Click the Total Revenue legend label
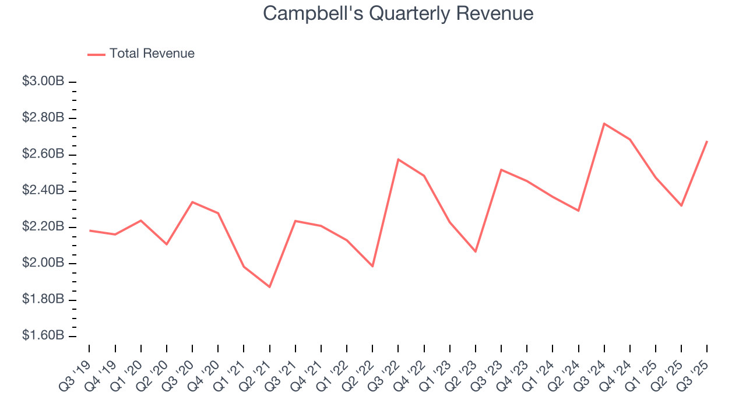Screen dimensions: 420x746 [152, 54]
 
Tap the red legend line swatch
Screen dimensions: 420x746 [96, 54]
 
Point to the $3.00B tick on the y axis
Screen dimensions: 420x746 [72, 82]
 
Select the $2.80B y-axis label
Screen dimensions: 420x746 [43, 118]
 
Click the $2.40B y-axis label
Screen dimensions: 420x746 [43, 191]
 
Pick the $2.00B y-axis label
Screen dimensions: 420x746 [43, 263]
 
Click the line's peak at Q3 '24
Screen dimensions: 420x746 [604, 124]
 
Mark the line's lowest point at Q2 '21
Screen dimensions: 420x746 [269, 287]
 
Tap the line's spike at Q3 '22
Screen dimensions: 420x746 [398, 159]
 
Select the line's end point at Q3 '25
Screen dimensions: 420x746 [707, 141]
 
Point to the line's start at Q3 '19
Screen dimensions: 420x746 [89, 230]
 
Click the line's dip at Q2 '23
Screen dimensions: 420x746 [476, 251]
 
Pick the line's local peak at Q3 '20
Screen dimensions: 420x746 [192, 202]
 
